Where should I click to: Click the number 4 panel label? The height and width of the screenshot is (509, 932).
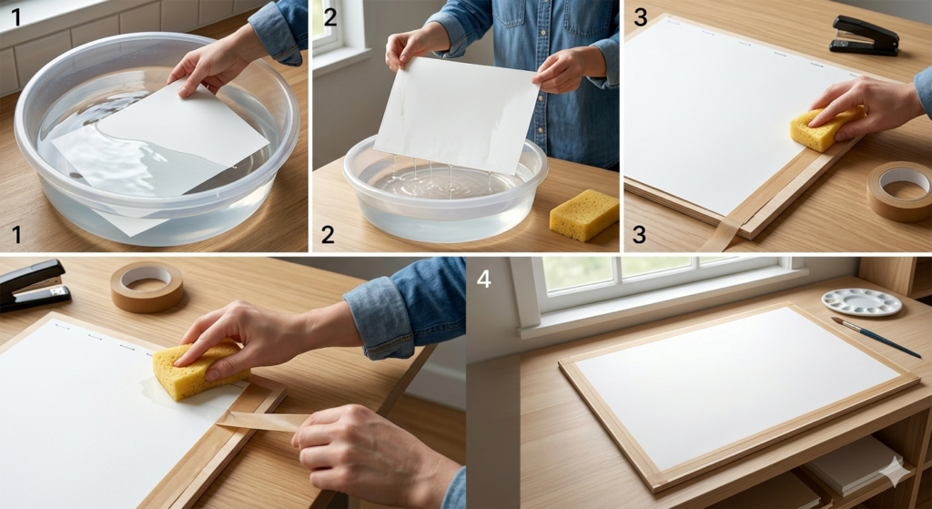pos(483,279)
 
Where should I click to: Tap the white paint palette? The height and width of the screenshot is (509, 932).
pos(860,301)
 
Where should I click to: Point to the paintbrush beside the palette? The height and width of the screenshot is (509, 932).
pos(875,337)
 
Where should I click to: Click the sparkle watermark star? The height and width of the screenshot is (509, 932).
pos(894,471)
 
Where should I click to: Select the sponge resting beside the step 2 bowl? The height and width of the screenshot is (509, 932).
pos(583,215)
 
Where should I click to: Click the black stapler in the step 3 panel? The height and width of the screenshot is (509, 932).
pos(865,36)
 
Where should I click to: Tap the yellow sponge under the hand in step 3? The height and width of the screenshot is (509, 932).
pos(823,128)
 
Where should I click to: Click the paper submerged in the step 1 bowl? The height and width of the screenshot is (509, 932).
pos(155,146)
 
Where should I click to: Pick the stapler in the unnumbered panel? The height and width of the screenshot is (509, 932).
pos(33,285)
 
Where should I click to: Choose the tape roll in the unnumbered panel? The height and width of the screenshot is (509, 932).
pos(147,285)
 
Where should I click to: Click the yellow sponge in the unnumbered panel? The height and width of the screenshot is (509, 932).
pos(194,370)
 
